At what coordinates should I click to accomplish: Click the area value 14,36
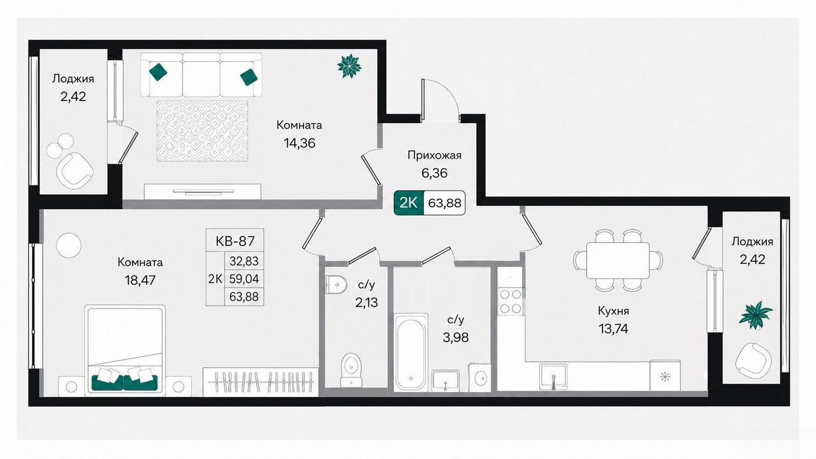(x=300, y=143)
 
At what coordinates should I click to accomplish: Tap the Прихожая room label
(x=434, y=156)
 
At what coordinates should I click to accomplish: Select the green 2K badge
(x=409, y=203)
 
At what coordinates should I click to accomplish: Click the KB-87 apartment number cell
(x=235, y=241)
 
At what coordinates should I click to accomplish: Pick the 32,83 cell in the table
(x=244, y=261)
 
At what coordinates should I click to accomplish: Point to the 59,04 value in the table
(x=244, y=279)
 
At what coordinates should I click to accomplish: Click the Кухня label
(x=613, y=311)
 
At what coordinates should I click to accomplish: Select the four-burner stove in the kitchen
(x=511, y=302)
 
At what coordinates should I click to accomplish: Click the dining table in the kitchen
(x=618, y=260)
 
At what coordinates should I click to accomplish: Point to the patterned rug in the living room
(x=202, y=131)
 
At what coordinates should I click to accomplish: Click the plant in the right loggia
(x=756, y=315)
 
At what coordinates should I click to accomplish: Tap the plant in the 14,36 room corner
(x=349, y=66)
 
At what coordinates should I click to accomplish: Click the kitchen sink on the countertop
(x=553, y=375)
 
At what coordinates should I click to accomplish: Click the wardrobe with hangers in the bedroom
(x=261, y=382)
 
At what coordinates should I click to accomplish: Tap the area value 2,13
(x=367, y=302)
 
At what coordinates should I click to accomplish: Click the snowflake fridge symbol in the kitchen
(x=665, y=377)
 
